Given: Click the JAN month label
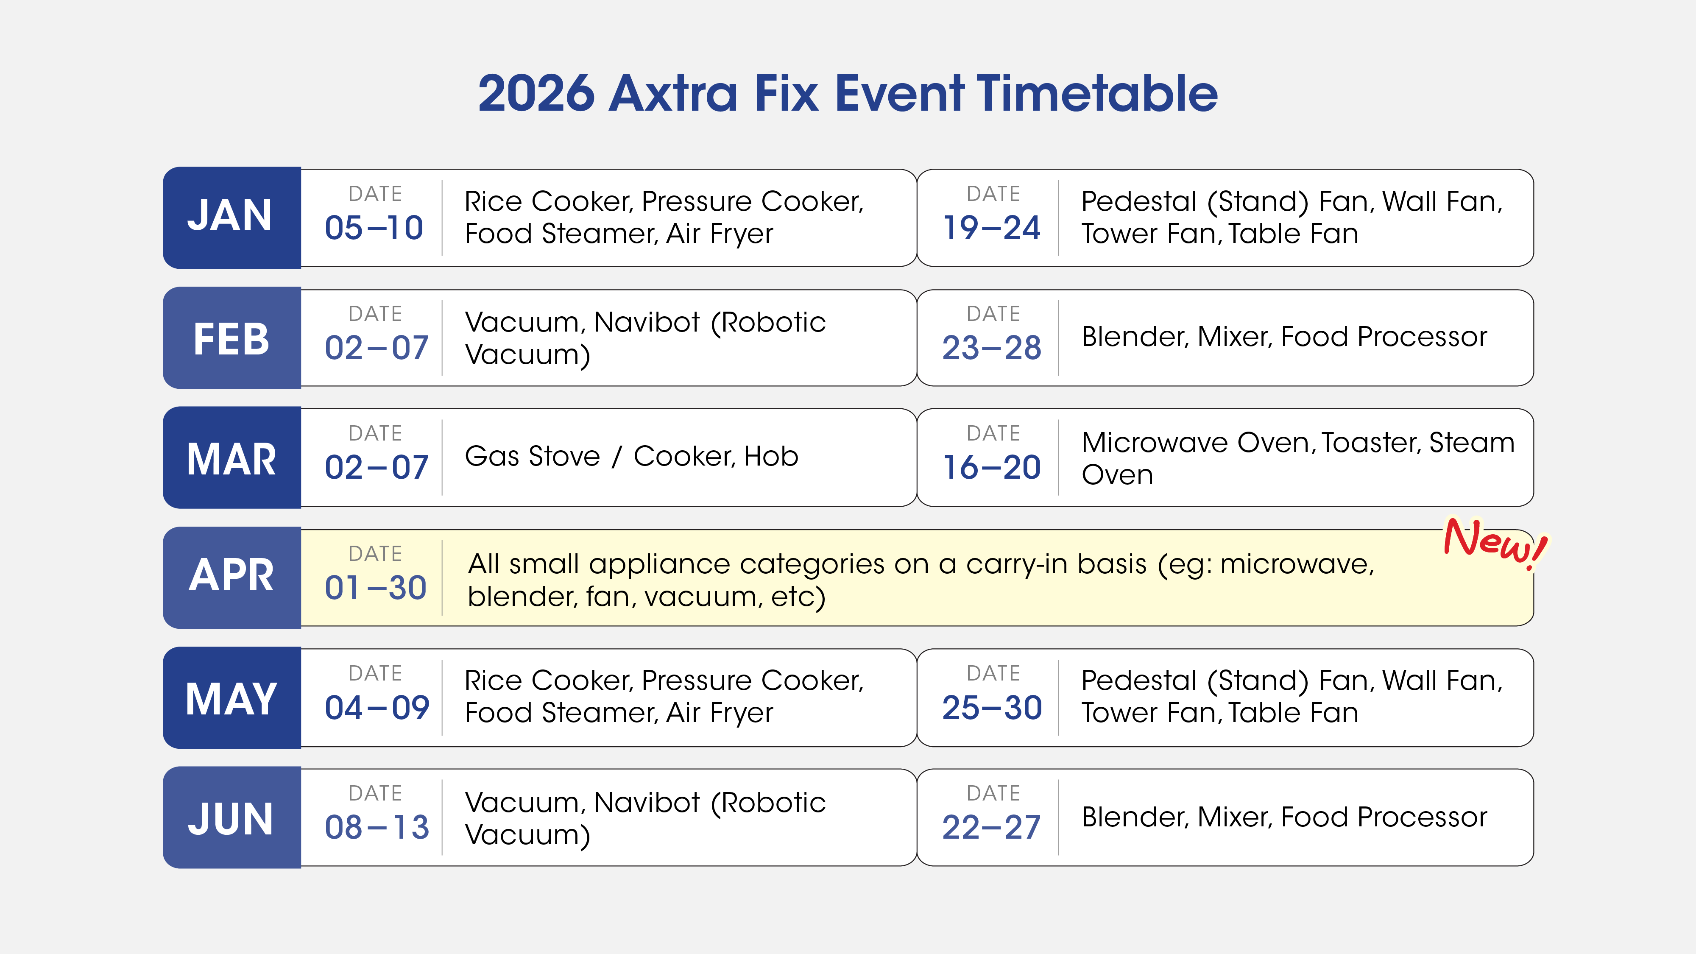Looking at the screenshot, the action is tap(230, 215).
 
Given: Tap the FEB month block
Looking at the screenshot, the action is tap(232, 338).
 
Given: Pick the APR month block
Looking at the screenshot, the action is tap(232, 577).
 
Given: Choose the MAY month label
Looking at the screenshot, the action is tap(231, 699).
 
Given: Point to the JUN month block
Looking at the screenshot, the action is tap(232, 818).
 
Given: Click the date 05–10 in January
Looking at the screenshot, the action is tap(374, 228).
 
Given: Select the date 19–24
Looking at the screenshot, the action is tap(992, 228).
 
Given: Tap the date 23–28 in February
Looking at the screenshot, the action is tap(992, 348).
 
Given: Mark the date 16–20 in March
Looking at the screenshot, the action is tap(992, 467).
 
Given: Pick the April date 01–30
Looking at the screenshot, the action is tap(375, 587).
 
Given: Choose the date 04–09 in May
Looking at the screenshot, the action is tap(377, 708).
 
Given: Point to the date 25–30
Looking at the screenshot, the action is tap(992, 708).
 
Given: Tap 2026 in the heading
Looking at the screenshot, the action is tap(537, 93).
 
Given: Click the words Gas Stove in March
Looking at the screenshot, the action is tap(532, 456).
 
